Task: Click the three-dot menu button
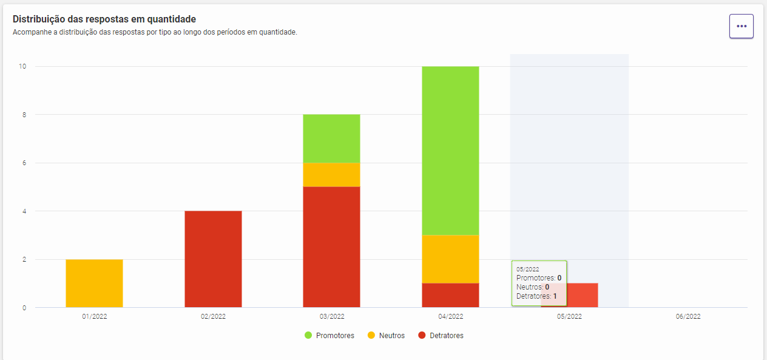tap(741, 26)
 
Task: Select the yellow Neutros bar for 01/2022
tap(94, 284)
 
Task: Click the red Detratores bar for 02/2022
tap(213, 259)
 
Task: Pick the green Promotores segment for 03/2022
tap(331, 138)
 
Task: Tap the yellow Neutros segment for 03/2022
tap(331, 175)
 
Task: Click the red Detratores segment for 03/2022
tap(331, 247)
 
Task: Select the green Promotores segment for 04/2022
tap(450, 151)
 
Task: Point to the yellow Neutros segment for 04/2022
tap(450, 259)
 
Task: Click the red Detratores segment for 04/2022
tap(450, 296)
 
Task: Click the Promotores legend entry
tap(329, 336)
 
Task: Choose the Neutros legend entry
tap(386, 336)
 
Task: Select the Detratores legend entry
tap(441, 336)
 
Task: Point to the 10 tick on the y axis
tap(23, 66)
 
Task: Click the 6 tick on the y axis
tap(24, 163)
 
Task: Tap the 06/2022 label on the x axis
tap(688, 316)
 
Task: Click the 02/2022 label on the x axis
tap(213, 316)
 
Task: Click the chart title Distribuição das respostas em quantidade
tap(104, 19)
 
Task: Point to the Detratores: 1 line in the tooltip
tap(536, 296)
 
